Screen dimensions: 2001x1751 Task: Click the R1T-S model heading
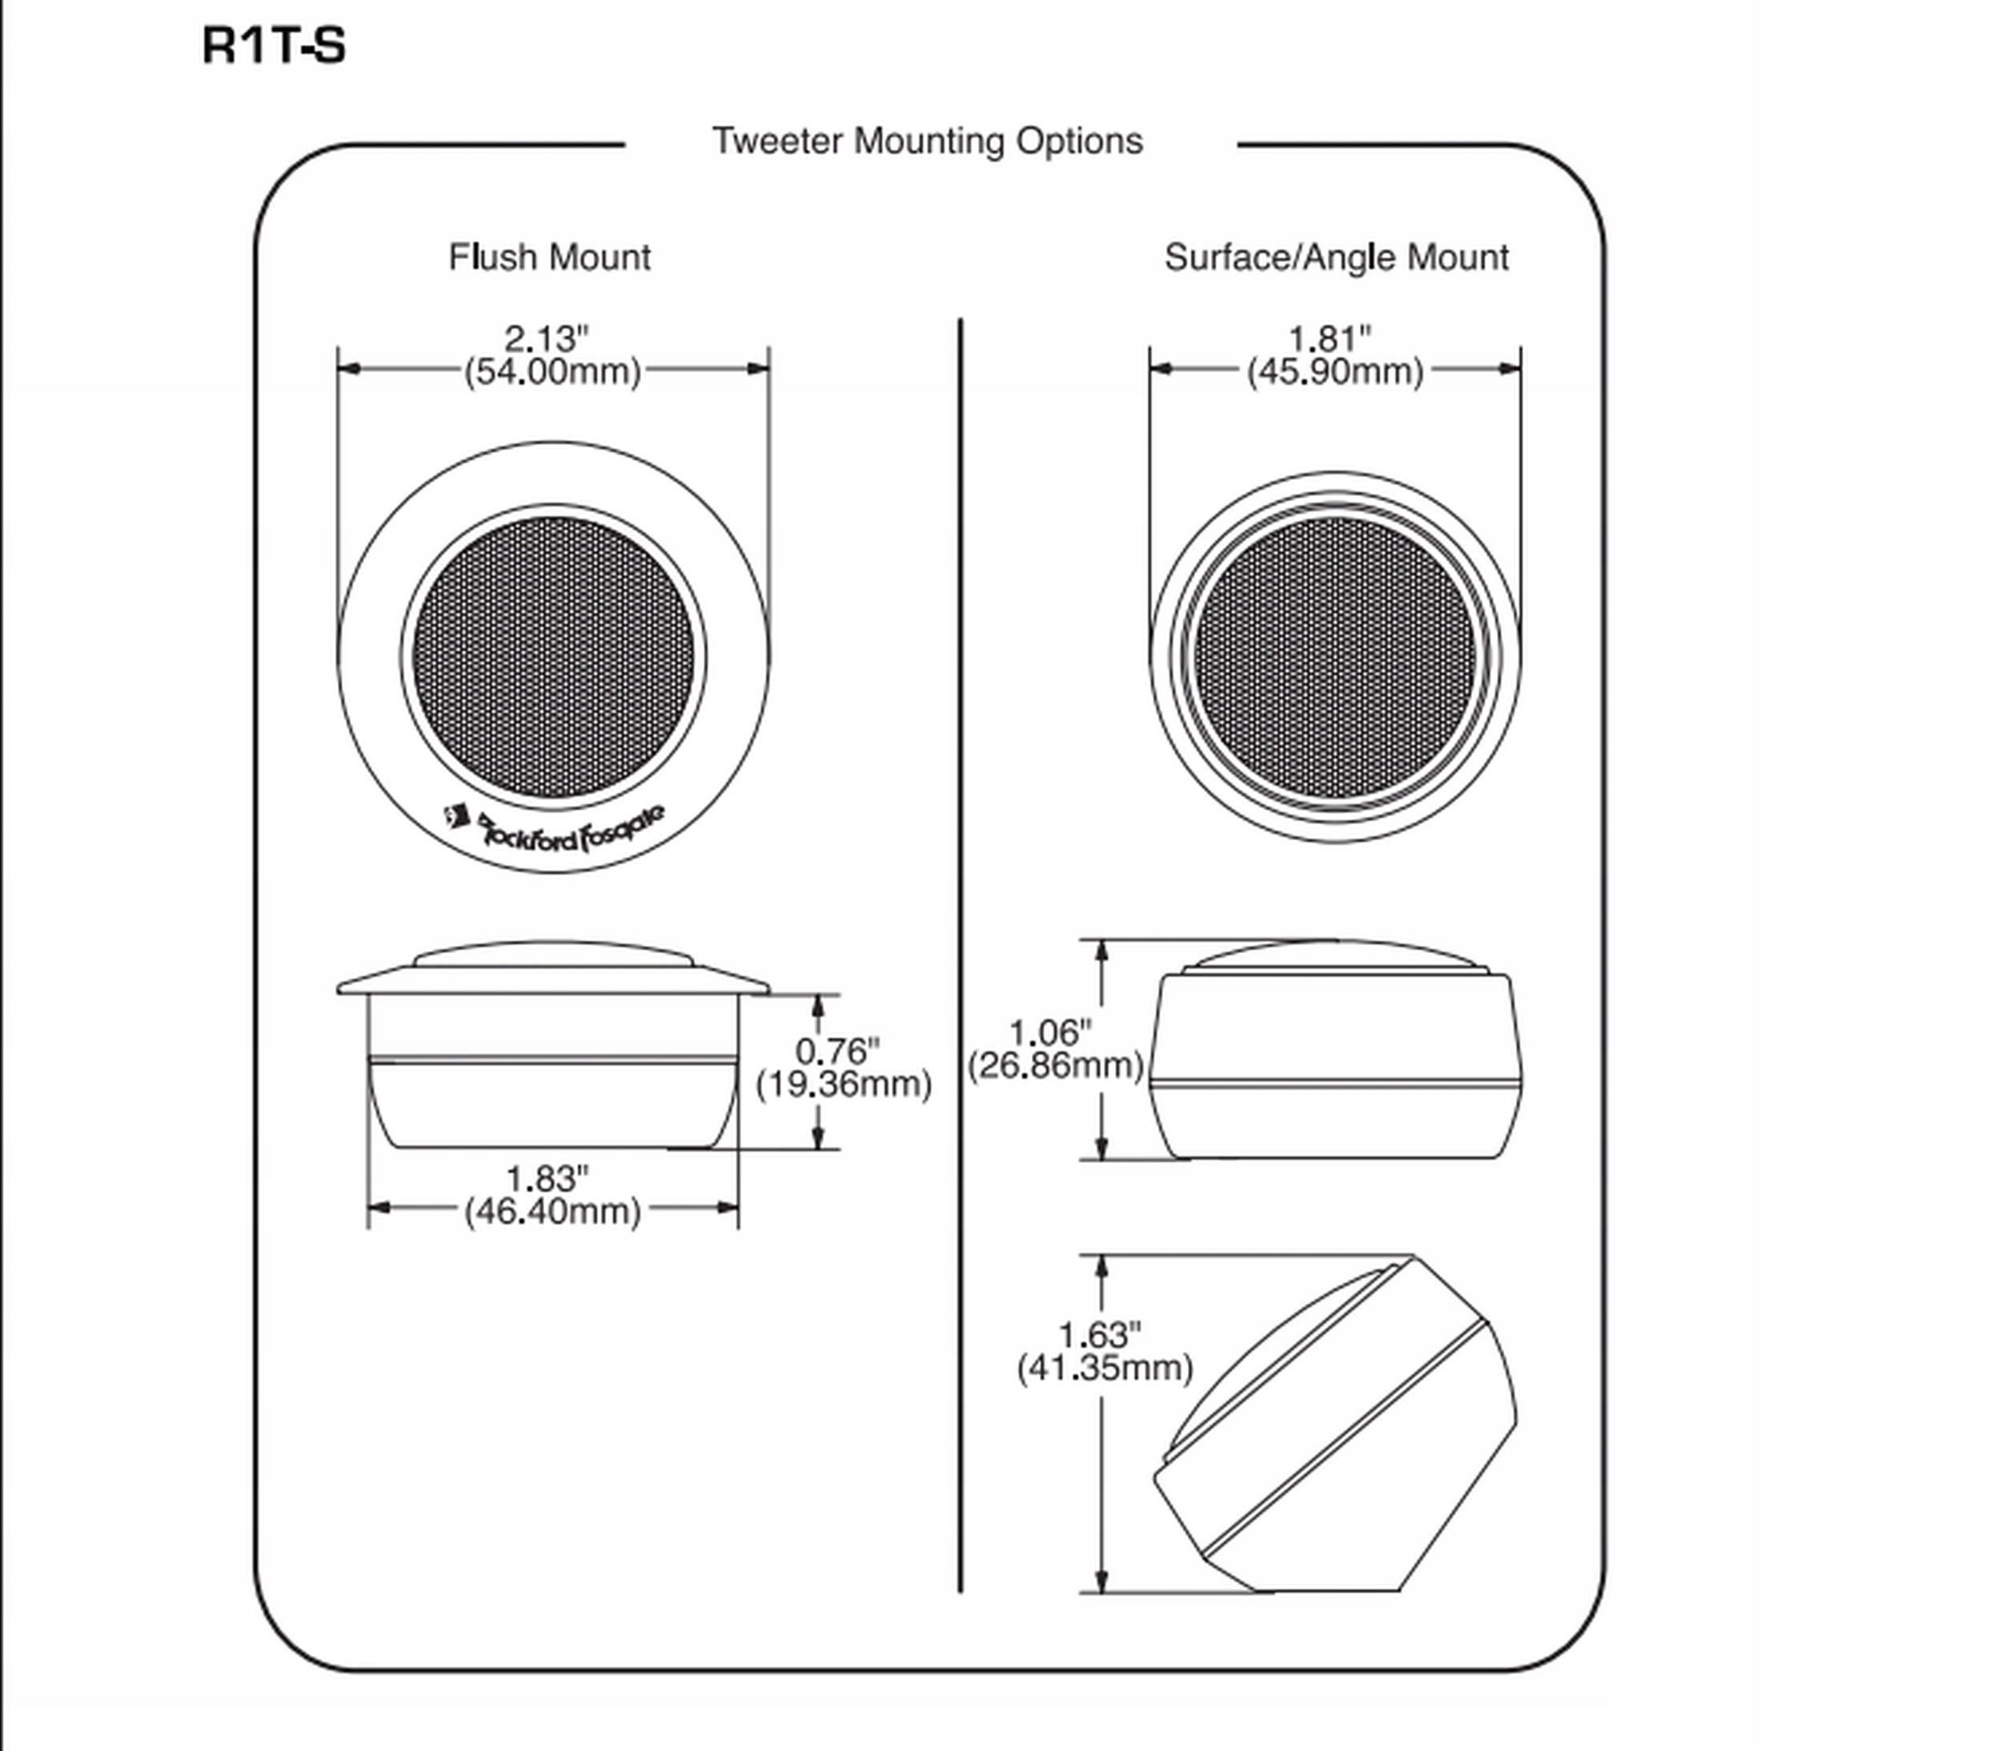coord(274,46)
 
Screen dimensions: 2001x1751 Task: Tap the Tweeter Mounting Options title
coord(927,142)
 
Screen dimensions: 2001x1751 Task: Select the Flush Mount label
coord(549,257)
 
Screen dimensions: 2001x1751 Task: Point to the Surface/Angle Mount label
coord(1336,258)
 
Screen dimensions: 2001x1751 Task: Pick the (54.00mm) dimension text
coord(552,372)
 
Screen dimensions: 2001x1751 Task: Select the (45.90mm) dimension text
coord(1334,372)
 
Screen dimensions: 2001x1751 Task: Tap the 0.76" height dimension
coord(837,1051)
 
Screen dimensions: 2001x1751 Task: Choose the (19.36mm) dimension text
coord(843,1084)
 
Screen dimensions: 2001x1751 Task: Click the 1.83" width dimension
coord(547,1179)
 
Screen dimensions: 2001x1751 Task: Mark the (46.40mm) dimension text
coord(552,1212)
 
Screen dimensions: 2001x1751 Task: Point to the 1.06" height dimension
coord(1050,1032)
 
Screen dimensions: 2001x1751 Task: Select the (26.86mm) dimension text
coord(1055,1065)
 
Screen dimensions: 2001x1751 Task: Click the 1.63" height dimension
coord(1101,1334)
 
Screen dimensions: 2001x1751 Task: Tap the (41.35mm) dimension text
coord(1105,1367)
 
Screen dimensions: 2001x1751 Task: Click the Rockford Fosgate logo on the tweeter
coord(555,828)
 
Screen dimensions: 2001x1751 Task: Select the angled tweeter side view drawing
coord(1336,1424)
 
